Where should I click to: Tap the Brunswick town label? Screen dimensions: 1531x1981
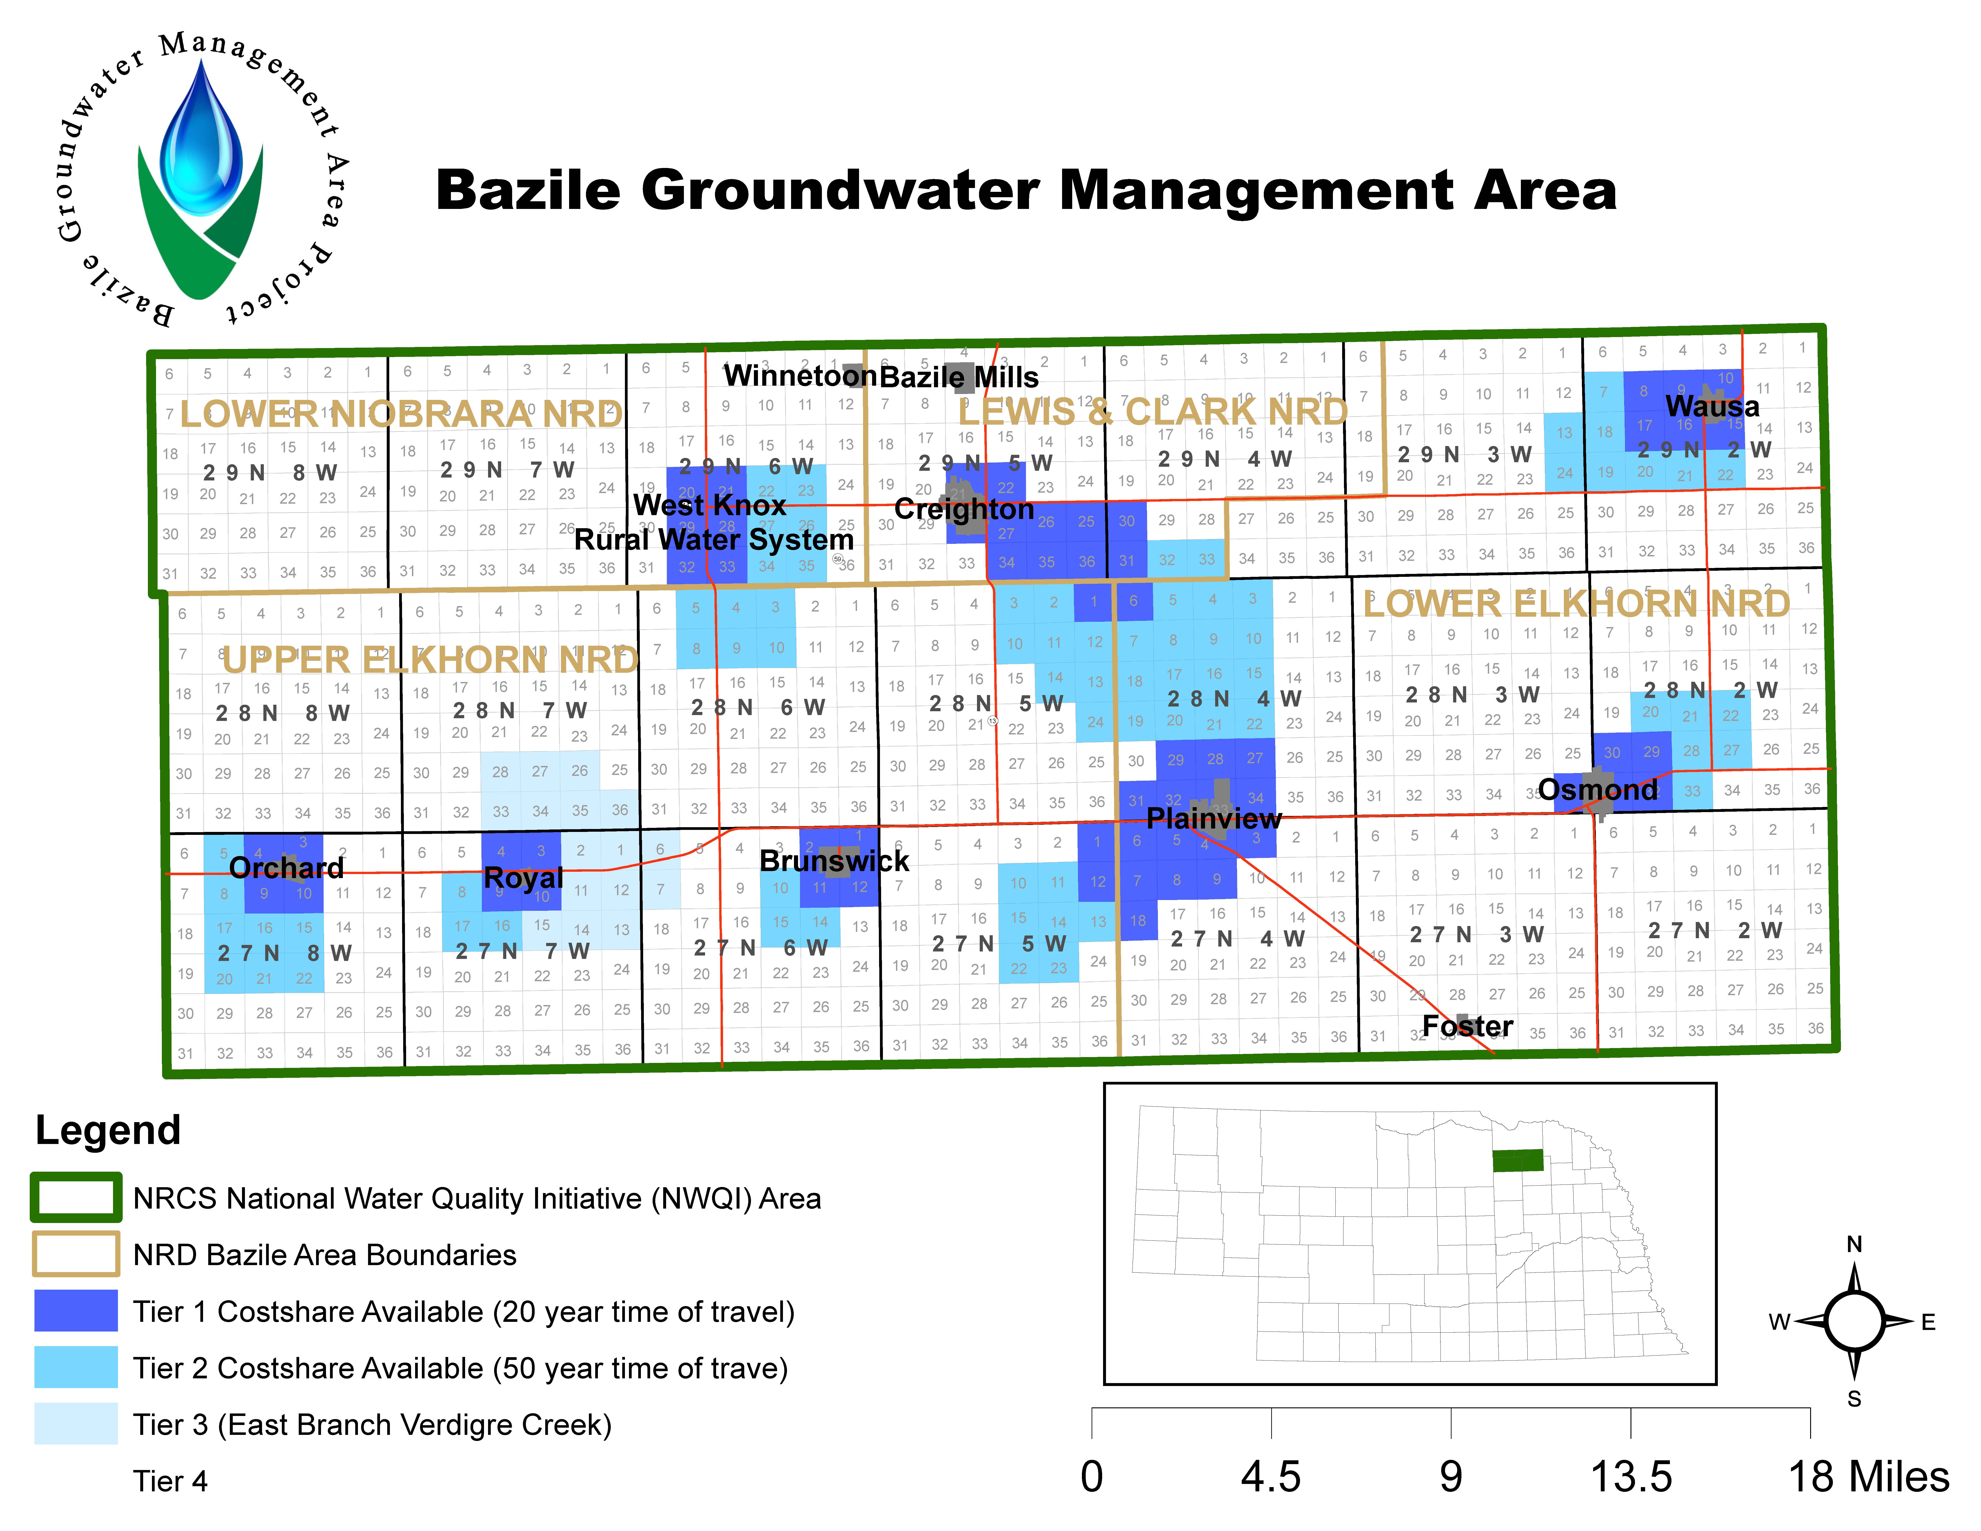coord(834,861)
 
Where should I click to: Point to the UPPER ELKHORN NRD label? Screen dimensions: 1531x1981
coord(430,659)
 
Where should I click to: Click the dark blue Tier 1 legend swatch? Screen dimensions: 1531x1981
coord(76,1311)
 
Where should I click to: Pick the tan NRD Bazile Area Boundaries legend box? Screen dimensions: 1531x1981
coord(76,1254)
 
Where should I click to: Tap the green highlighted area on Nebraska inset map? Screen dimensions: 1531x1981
coord(1517,1160)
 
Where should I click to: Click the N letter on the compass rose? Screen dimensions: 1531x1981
coord(1854,1243)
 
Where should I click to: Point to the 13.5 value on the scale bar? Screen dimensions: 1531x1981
coord(1630,1477)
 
